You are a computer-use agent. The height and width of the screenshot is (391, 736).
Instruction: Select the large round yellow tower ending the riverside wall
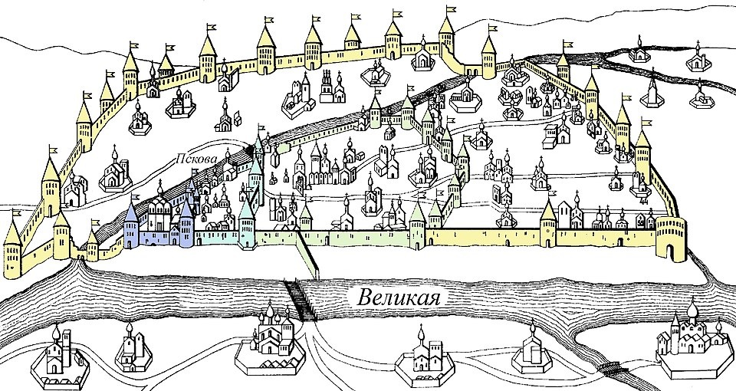[x=672, y=238]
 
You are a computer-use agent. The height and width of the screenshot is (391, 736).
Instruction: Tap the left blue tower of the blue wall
[x=132, y=225]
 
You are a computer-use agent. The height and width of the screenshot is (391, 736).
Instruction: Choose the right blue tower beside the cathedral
[x=187, y=225]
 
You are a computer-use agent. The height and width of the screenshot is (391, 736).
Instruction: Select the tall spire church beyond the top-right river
[x=652, y=90]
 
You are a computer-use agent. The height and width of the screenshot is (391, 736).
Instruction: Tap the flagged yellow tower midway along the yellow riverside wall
[x=549, y=224]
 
